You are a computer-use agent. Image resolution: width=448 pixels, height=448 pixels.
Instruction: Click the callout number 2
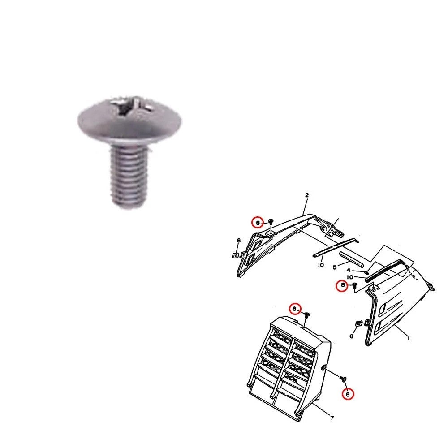tap(307, 195)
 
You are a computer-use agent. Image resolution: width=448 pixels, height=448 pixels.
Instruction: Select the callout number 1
tap(408, 339)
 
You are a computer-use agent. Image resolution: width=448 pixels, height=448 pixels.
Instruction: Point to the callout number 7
tap(332, 418)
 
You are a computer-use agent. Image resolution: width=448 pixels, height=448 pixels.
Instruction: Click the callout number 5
tap(334, 267)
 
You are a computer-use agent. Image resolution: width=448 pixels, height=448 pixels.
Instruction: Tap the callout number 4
tap(349, 270)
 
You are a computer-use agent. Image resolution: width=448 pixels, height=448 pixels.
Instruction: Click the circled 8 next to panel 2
tap(257, 222)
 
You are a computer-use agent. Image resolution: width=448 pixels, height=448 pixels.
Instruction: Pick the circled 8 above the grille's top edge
tap(294, 309)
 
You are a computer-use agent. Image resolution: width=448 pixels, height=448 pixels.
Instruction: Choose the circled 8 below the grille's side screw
tap(348, 394)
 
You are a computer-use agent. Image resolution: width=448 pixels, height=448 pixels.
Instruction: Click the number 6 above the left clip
tap(239, 241)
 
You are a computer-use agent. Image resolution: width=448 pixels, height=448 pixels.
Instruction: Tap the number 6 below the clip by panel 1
tap(352, 336)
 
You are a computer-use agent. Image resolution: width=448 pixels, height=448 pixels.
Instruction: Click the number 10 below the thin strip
tap(321, 265)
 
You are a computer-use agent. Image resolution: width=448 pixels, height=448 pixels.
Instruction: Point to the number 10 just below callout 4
tap(350, 277)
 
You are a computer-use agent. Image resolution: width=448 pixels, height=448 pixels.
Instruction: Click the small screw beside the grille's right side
tap(344, 379)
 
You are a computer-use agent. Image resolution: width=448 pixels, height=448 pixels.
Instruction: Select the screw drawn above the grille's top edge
tap(307, 316)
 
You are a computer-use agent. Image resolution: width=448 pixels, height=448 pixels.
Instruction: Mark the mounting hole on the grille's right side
tap(323, 368)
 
